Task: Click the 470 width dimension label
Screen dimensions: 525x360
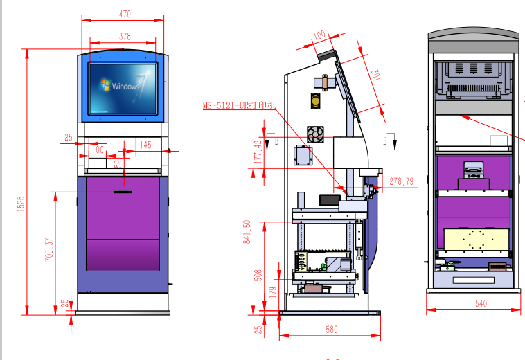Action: pyautogui.click(x=125, y=14)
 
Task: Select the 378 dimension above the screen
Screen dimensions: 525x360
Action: pyautogui.click(x=125, y=37)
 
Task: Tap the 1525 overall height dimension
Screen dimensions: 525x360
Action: pyautogui.click(x=21, y=204)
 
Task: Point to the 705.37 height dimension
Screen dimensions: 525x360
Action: pyautogui.click(x=49, y=250)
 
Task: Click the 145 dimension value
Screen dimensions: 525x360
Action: pyautogui.click(x=145, y=145)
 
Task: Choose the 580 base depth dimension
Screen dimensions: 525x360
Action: pyautogui.click(x=332, y=330)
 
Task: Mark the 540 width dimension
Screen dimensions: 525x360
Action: pyautogui.click(x=481, y=303)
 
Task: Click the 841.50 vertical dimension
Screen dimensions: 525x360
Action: pyautogui.click(x=247, y=231)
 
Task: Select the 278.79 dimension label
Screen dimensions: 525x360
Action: pyautogui.click(x=402, y=181)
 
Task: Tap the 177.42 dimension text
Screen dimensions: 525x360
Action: pyautogui.click(x=258, y=152)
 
